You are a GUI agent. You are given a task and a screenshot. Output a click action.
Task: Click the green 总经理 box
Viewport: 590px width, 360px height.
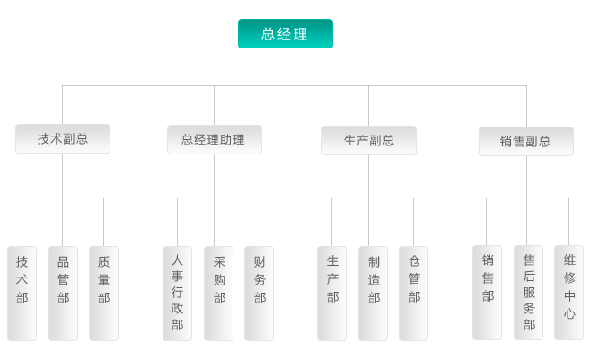[285, 34]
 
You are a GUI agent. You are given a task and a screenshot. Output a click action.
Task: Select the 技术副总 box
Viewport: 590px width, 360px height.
[63, 139]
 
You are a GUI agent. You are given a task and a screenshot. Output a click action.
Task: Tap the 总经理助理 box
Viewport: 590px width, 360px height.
[214, 140]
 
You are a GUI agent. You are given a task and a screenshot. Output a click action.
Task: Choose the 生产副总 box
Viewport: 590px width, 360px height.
[368, 140]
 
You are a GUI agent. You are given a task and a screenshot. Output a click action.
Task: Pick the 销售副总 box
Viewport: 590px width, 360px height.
[525, 141]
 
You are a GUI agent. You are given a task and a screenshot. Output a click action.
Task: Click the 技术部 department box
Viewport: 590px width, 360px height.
[22, 293]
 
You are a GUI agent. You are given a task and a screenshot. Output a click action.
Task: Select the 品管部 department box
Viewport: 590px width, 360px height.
[63, 293]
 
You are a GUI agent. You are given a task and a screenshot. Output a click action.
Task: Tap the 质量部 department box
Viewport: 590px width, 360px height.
[103, 293]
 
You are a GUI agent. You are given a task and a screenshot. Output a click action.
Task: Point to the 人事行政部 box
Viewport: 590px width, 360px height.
[177, 293]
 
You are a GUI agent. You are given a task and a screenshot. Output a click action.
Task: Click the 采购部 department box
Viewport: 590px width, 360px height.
[218, 293]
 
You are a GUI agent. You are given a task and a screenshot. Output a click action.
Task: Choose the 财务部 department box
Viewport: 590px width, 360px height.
[259, 293]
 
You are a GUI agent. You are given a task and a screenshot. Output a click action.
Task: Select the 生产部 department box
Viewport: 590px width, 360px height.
[331, 293]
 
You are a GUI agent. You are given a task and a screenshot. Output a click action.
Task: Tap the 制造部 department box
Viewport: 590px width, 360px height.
[373, 293]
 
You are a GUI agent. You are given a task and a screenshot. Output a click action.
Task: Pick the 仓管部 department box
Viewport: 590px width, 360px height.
[413, 293]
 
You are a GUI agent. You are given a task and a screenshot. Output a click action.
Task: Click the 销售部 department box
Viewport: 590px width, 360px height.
[487, 292]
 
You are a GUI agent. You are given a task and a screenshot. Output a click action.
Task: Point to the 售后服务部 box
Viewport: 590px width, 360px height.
[528, 292]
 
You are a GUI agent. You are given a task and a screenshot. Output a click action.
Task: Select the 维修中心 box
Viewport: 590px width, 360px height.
[568, 292]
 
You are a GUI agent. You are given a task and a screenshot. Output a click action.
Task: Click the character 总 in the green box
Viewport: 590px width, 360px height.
[269, 34]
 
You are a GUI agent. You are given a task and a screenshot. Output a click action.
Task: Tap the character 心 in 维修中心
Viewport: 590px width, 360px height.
[569, 314]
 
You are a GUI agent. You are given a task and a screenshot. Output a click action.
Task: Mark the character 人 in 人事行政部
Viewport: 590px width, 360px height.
[177, 260]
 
